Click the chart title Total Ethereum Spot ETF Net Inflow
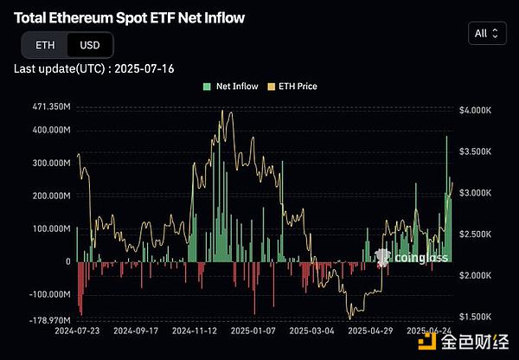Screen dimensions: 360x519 tap(129, 17)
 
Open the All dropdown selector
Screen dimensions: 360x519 tap(486, 34)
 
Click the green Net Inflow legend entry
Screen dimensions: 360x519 tap(230, 87)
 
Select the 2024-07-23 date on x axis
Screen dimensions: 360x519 tap(78, 331)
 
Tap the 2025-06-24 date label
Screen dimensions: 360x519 tap(430, 331)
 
